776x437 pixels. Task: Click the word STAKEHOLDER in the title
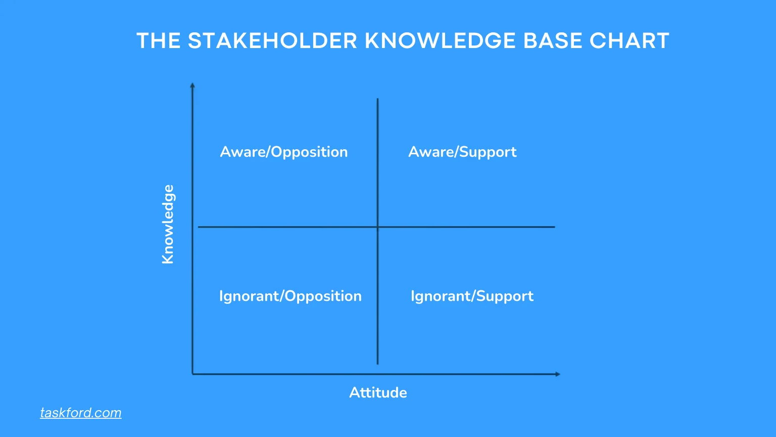click(x=272, y=41)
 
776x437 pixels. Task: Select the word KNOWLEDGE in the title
click(x=440, y=41)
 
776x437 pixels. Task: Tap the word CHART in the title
click(x=629, y=41)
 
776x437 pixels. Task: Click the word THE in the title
click(x=159, y=41)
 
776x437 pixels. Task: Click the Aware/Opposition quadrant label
click(x=284, y=152)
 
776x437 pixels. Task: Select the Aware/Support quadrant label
click(x=462, y=152)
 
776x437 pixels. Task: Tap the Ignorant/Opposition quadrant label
click(x=290, y=296)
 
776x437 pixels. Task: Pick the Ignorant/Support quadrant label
click(x=472, y=296)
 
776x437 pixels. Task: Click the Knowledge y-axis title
click(x=168, y=224)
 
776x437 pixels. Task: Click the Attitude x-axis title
click(x=378, y=392)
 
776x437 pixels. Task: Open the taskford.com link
click(x=81, y=413)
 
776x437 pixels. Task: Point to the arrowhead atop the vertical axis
click(x=192, y=85)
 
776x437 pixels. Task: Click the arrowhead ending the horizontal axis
click(x=558, y=374)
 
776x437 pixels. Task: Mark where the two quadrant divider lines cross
click(x=378, y=227)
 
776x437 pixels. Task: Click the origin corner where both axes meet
click(x=192, y=374)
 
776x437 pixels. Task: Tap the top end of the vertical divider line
click(x=378, y=99)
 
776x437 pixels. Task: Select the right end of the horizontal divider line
click(x=554, y=227)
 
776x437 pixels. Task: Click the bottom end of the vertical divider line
click(x=378, y=364)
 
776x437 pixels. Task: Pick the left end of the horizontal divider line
click(x=199, y=227)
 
